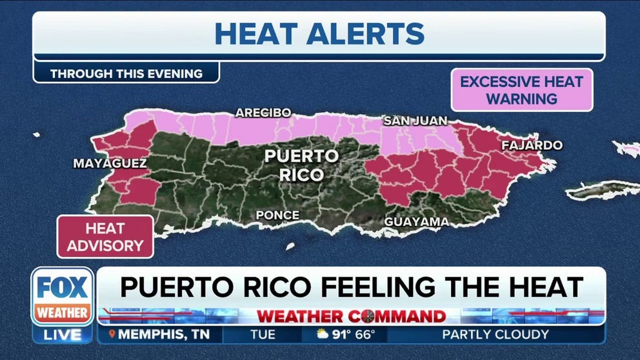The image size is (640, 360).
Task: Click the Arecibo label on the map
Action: point(263,113)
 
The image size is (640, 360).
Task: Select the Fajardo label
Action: point(532,145)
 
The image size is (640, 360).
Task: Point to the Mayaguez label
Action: point(110,164)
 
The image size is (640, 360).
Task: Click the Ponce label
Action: point(277,215)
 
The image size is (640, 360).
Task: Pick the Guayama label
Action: point(416,222)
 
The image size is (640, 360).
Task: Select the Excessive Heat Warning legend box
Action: point(521,90)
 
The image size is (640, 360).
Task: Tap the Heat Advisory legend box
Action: point(105,237)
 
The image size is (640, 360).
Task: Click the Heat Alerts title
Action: point(319,34)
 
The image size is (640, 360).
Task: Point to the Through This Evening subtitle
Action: point(126,74)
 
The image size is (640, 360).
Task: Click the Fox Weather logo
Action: point(62,296)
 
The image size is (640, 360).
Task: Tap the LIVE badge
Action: point(63,335)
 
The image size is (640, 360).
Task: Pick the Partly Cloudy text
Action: point(495,335)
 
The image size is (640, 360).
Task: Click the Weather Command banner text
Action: point(352,316)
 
